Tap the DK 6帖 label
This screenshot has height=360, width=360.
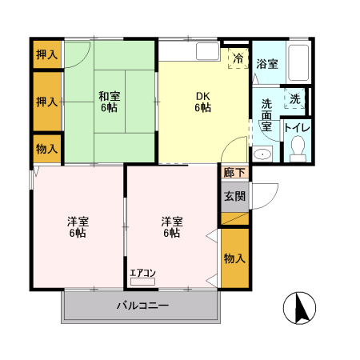tap(204, 102)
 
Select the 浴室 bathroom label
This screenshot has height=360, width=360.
tap(267, 64)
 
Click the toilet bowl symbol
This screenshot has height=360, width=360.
tap(298, 149)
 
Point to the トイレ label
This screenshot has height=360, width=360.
tap(298, 126)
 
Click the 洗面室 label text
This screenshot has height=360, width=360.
tap(266, 115)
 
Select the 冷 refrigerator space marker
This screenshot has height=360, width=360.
tap(238, 58)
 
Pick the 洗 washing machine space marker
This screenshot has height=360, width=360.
tap(294, 99)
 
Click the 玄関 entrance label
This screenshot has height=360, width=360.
tap(234, 197)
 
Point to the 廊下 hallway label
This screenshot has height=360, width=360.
tap(234, 172)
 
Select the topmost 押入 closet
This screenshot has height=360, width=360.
tap(46, 54)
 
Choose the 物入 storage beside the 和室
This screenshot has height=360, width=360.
tap(46, 149)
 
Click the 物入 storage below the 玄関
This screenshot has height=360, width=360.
tap(234, 258)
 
